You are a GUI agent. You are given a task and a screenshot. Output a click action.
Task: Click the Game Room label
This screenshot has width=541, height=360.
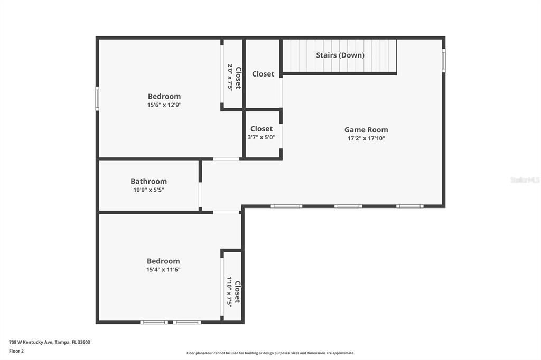coord(366,130)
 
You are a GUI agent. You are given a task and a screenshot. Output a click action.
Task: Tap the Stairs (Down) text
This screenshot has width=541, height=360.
coord(340,55)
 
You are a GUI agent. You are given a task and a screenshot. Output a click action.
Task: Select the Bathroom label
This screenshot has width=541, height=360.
coord(148,182)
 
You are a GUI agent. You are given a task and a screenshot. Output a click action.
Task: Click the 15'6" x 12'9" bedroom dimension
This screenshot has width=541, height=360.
coord(164,105)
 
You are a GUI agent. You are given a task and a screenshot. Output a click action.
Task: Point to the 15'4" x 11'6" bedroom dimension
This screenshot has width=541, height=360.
coord(163,270)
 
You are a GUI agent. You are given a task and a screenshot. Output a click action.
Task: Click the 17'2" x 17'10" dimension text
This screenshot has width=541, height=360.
coord(366,139)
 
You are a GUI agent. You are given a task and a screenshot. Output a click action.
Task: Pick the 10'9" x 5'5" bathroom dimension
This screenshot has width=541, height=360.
coord(148,190)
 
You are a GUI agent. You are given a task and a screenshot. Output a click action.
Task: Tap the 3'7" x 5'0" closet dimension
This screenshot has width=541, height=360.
coord(262,137)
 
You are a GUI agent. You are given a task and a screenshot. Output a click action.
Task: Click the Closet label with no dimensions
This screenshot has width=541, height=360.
coord(263,74)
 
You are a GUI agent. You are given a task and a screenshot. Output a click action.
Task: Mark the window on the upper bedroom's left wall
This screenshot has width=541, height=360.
coord(97,98)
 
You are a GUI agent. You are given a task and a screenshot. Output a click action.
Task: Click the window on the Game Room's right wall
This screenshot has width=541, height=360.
coord(444,60)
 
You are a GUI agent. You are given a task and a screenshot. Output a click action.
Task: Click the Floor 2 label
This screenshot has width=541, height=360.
coord(16,351)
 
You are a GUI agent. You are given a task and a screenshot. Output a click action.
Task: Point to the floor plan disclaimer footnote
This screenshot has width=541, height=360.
coord(270,353)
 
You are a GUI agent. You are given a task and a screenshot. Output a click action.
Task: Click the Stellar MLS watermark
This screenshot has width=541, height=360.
coord(525,180)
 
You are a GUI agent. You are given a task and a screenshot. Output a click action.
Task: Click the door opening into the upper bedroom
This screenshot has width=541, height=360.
coord(226,159)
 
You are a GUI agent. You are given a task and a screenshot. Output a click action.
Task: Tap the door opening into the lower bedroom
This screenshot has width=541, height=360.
coord(226,212)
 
